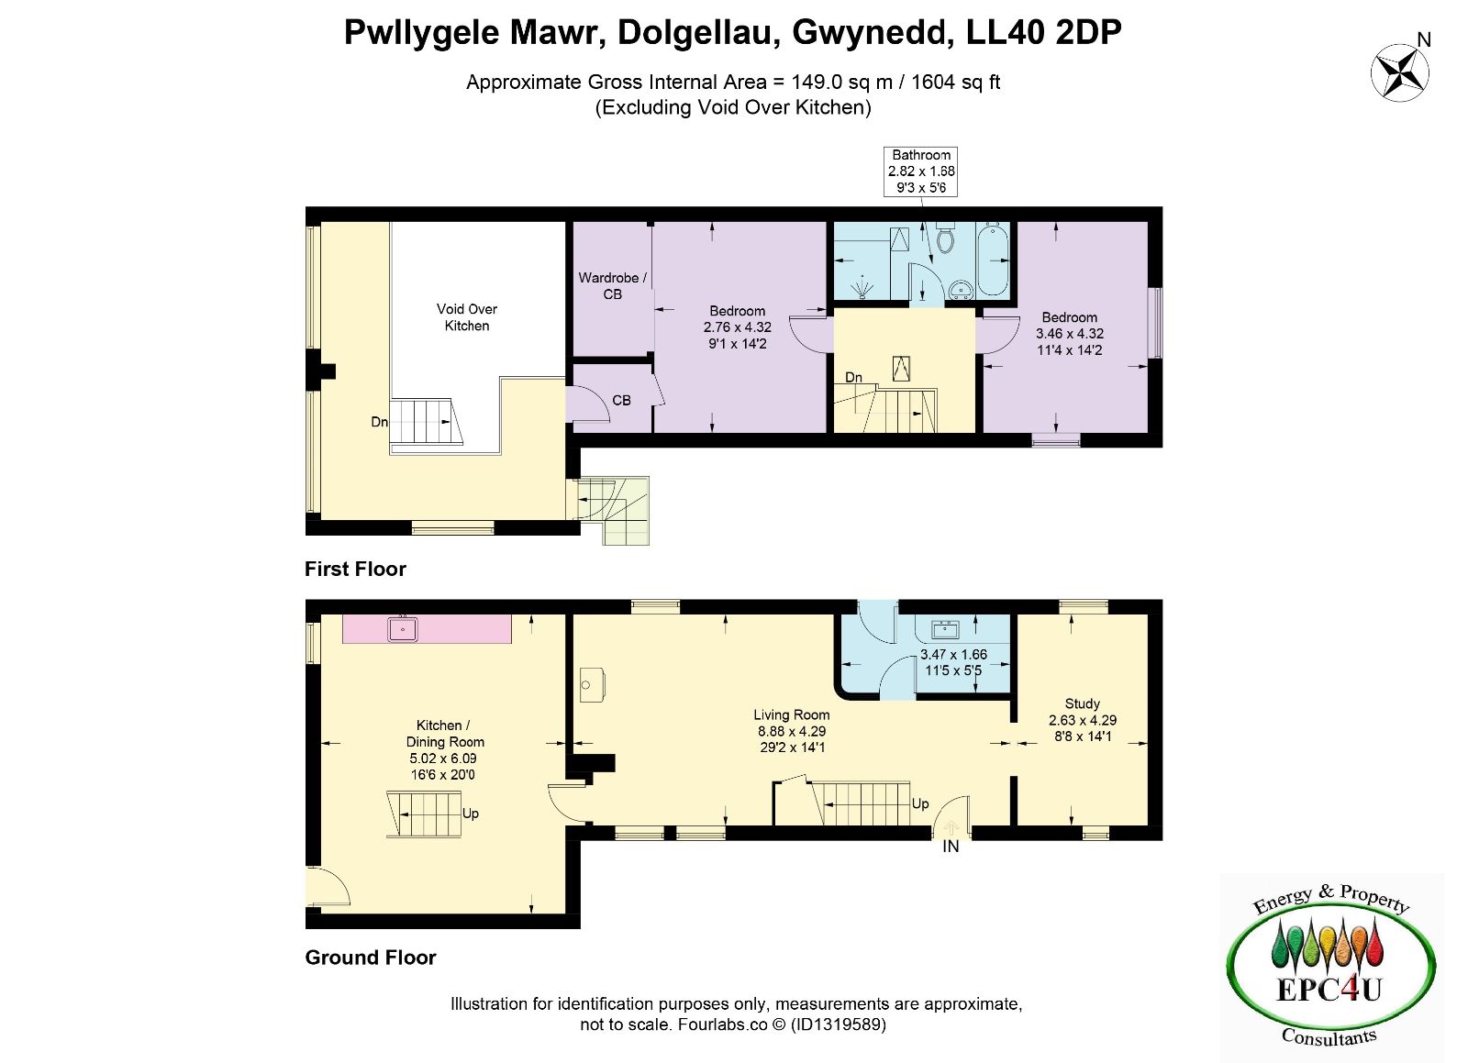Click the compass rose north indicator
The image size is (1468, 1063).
coord(1400,72)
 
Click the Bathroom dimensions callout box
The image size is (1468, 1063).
coord(920,172)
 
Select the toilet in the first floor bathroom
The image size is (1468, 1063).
coord(944,238)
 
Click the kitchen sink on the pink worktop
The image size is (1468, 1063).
coord(403,629)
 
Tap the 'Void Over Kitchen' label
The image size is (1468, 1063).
coord(467,317)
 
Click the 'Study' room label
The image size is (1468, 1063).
coord(1082,703)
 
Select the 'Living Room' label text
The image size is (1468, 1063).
coord(791,714)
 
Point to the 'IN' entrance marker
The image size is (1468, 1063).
coord(951,847)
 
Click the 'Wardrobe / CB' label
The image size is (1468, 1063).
coord(612,286)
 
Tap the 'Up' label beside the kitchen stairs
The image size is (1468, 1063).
coord(471,814)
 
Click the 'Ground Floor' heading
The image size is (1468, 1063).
coord(371,958)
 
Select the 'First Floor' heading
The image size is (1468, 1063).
coord(355,569)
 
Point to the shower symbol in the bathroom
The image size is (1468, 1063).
coord(862,287)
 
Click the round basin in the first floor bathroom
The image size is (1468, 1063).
coord(962,289)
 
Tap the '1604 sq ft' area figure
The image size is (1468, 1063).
coord(955,82)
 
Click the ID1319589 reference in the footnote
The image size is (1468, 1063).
coord(839,1024)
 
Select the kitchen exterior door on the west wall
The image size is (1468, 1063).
coord(328,888)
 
